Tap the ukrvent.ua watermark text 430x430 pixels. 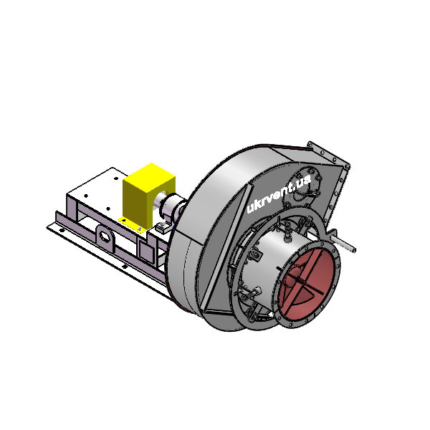[x=279, y=194]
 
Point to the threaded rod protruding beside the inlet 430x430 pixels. [x=344, y=243]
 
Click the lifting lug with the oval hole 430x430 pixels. [x=105, y=236]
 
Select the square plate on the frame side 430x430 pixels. [x=146, y=252]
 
